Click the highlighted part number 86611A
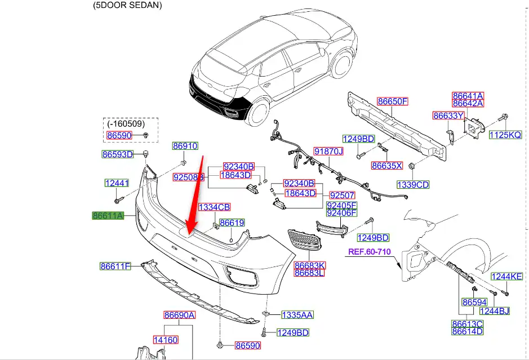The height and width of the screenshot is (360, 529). click(108, 215)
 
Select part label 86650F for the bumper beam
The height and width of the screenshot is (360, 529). click(393, 101)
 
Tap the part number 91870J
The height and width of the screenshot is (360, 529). click(328, 152)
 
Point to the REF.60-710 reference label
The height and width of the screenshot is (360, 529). click(368, 251)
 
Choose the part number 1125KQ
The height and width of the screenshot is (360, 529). click(505, 135)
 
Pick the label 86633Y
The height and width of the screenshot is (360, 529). click(448, 116)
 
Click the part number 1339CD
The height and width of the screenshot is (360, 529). click(413, 184)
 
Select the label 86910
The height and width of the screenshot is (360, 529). click(185, 146)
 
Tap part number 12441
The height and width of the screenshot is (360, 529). click(117, 183)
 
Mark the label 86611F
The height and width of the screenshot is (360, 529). click(115, 266)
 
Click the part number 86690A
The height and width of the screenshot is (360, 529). click(179, 315)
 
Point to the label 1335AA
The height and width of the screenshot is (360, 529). click(297, 315)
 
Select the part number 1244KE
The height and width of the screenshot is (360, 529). click(507, 276)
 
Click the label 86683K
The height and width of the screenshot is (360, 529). click(310, 265)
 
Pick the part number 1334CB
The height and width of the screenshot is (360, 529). click(214, 207)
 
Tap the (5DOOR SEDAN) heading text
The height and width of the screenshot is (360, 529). click(127, 5)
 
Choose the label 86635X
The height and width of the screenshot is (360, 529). click(387, 166)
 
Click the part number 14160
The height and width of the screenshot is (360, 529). click(166, 340)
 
